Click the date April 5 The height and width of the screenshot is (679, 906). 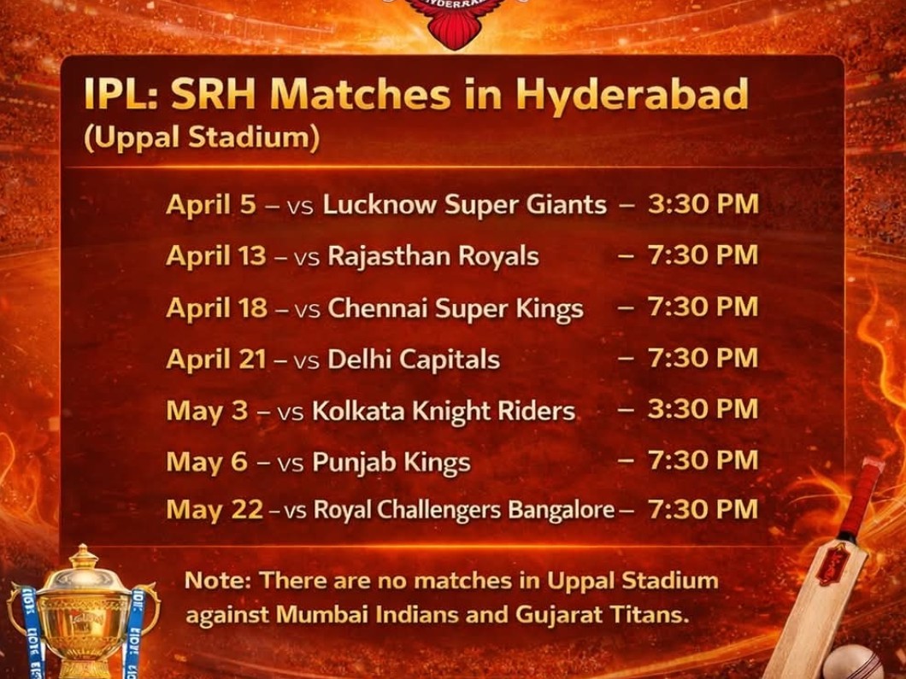pyautogui.click(x=211, y=205)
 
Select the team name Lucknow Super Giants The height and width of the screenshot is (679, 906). pyautogui.click(x=464, y=205)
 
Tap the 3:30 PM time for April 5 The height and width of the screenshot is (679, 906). pyautogui.click(x=703, y=205)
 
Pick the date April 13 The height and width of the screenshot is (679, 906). pyautogui.click(x=216, y=256)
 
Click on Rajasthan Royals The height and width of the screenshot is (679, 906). pyautogui.click(x=433, y=256)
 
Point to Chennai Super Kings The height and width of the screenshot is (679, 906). pyautogui.click(x=456, y=308)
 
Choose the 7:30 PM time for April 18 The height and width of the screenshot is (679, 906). pyautogui.click(x=703, y=307)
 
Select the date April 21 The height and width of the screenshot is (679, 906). pyautogui.click(x=216, y=360)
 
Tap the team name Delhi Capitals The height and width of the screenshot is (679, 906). pyautogui.click(x=414, y=360)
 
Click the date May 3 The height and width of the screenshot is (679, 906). pyautogui.click(x=205, y=411)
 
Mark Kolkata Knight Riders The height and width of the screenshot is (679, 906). pyautogui.click(x=443, y=411)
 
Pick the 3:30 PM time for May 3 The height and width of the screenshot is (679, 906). pyautogui.click(x=703, y=409)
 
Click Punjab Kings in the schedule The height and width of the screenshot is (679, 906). pyautogui.click(x=391, y=462)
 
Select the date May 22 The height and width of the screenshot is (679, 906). pyautogui.click(x=215, y=510)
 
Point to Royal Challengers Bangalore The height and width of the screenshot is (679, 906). pyautogui.click(x=464, y=510)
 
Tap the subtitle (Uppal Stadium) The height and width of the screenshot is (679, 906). pyautogui.click(x=202, y=138)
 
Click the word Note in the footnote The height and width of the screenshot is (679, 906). pyautogui.click(x=218, y=581)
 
